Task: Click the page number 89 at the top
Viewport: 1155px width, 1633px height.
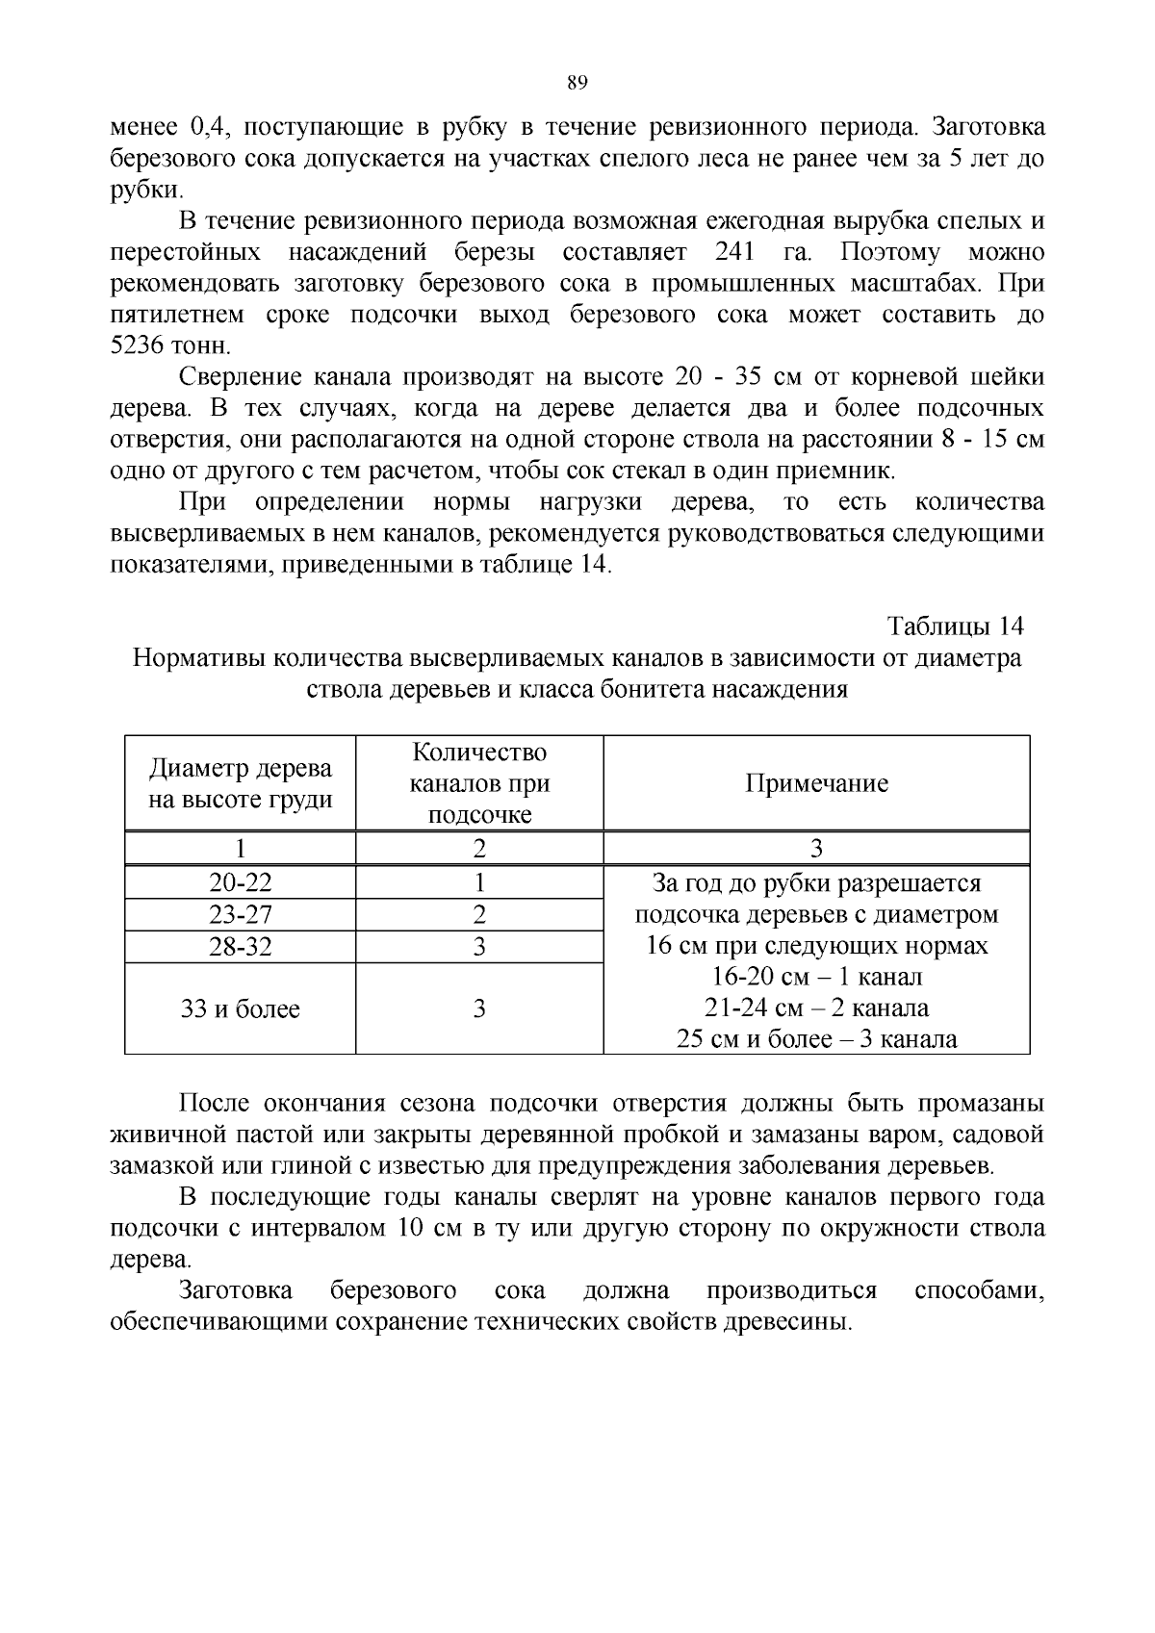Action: (577, 83)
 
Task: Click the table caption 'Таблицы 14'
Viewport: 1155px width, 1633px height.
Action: (955, 626)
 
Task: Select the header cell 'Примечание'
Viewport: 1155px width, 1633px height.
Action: (816, 783)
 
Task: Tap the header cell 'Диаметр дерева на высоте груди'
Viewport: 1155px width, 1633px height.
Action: (241, 783)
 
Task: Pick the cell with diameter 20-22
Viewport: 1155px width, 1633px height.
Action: (241, 882)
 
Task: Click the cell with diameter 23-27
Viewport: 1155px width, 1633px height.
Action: (241, 914)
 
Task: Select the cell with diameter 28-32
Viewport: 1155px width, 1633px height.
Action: (241, 946)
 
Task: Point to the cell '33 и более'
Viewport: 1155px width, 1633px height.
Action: (241, 1008)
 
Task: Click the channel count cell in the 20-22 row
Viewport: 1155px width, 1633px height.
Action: (479, 882)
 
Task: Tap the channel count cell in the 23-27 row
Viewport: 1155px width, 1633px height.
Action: (479, 914)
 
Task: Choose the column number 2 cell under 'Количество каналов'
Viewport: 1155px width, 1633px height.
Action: (479, 848)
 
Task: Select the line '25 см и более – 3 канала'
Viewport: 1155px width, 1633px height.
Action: (816, 1039)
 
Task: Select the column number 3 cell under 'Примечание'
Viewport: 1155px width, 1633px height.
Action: (816, 848)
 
